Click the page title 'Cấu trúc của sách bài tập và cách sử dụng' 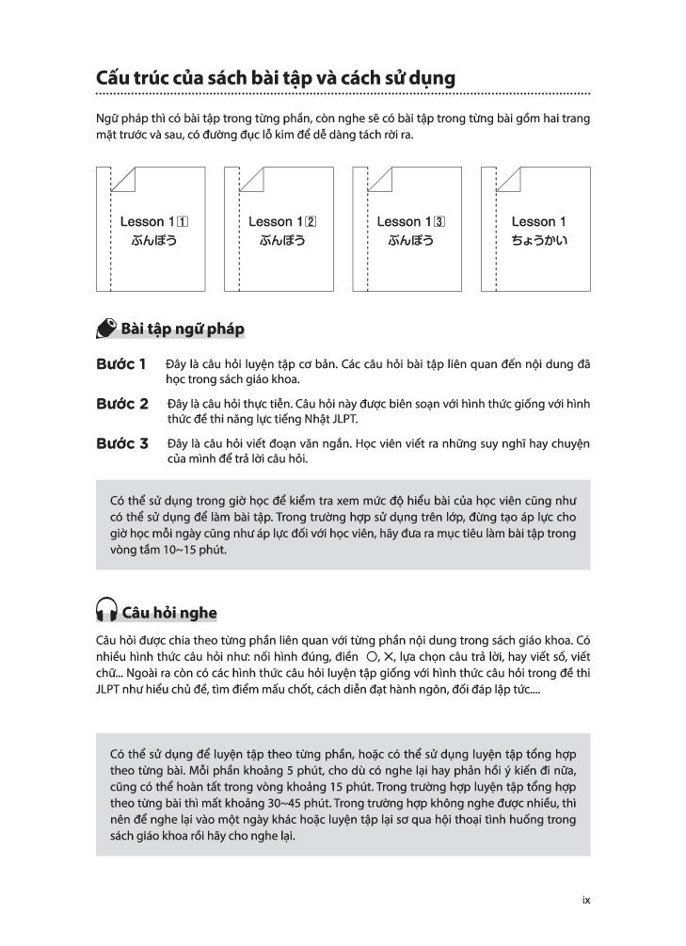coord(275,77)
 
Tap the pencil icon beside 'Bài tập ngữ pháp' coord(106,329)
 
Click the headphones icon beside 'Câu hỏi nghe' coord(106,612)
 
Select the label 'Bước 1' coord(120,363)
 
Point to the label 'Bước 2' coord(121,404)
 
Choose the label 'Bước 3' coord(121,443)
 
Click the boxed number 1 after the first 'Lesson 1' coord(183,222)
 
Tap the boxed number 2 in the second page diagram coord(311,222)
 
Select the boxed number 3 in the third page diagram coord(439,222)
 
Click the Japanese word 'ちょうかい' coord(538,241)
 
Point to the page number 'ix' coord(585,900)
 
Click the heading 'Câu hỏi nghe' coord(169,613)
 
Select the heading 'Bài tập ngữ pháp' coord(183,329)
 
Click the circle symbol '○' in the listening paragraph coord(372,655)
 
